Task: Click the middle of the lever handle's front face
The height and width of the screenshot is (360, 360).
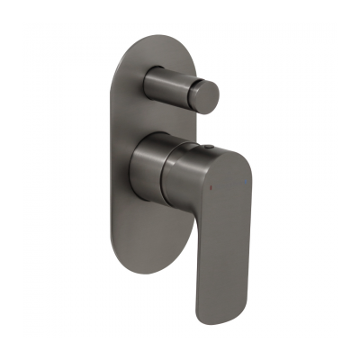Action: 212,234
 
